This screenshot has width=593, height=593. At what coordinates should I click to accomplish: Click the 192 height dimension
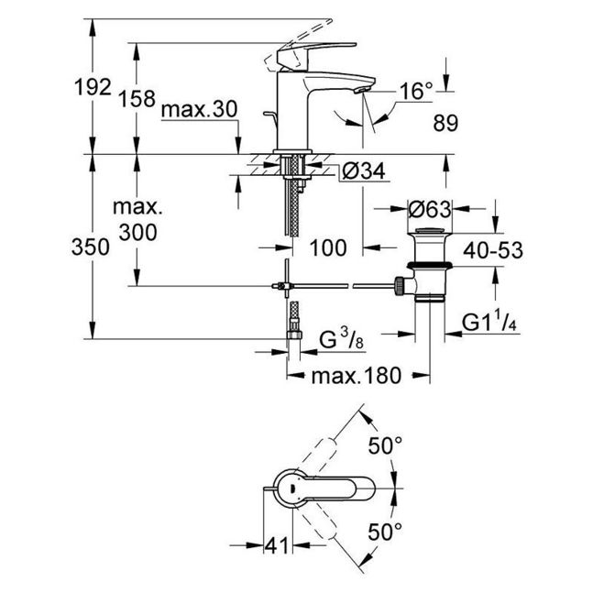pyautogui.click(x=93, y=87)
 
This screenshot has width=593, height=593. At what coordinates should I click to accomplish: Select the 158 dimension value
pyautogui.click(x=137, y=99)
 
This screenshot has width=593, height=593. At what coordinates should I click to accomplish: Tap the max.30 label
pyautogui.click(x=199, y=110)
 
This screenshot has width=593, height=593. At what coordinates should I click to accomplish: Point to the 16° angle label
pyautogui.click(x=416, y=92)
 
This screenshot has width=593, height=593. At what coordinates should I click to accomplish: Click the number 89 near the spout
pyautogui.click(x=445, y=124)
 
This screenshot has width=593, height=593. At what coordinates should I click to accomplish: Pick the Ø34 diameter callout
pyautogui.click(x=364, y=171)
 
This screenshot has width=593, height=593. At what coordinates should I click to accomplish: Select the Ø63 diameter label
pyautogui.click(x=430, y=209)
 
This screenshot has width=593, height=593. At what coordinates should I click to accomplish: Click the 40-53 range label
pyautogui.click(x=493, y=250)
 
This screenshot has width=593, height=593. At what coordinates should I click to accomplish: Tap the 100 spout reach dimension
pyautogui.click(x=328, y=248)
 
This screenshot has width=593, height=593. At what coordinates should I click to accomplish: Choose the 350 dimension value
pyautogui.click(x=91, y=247)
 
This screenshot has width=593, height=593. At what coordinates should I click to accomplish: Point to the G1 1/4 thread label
pyautogui.click(x=489, y=323)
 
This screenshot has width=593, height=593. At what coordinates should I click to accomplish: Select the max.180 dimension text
pyautogui.click(x=356, y=376)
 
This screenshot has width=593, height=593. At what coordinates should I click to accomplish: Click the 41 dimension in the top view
pyautogui.click(x=277, y=545)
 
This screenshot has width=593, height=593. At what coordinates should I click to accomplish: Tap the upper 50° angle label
pyautogui.click(x=385, y=445)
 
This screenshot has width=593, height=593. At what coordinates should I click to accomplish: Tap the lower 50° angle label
pyautogui.click(x=385, y=532)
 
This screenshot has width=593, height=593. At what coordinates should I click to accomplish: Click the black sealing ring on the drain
pyautogui.click(x=430, y=265)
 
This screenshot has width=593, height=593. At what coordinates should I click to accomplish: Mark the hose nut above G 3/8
pyautogui.click(x=293, y=335)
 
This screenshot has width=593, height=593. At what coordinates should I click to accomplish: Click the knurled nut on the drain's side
pyautogui.click(x=400, y=285)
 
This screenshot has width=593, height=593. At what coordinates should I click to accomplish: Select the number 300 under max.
pyautogui.click(x=137, y=232)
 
